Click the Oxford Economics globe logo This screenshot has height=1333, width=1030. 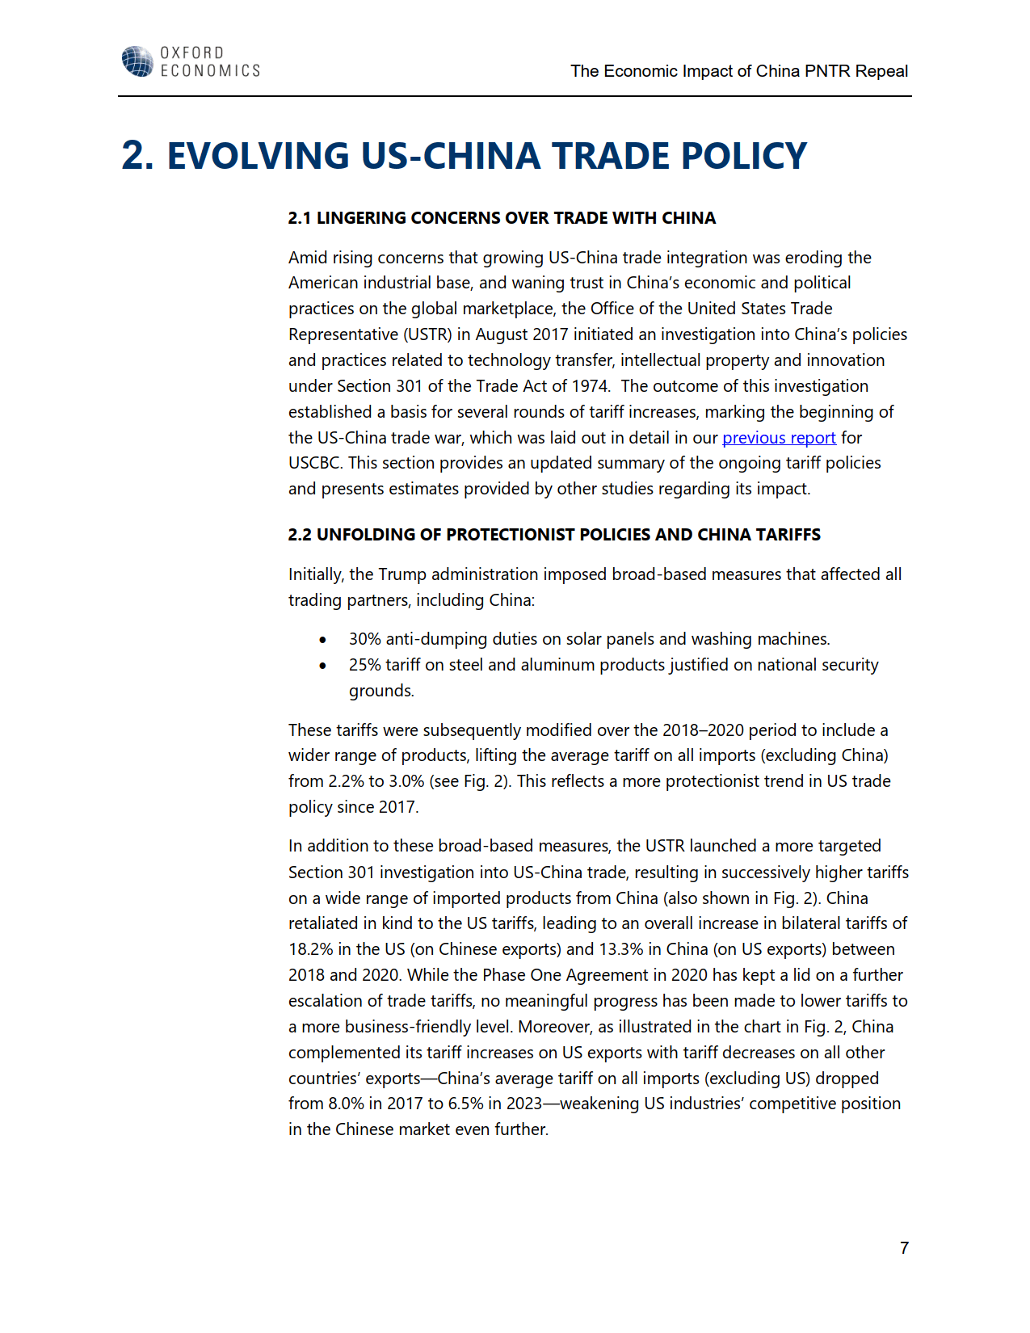137,61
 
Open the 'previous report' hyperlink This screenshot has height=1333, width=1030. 779,438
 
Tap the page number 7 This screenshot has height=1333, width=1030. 904,1248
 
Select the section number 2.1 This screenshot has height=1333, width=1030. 300,218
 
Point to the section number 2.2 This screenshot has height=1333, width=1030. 300,535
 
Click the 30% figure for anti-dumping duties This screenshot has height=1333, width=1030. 364,639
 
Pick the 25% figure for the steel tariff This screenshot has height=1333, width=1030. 364,665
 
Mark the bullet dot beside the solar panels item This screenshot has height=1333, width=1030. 323,640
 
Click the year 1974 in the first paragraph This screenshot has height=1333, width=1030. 590,386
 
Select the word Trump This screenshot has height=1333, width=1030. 402,574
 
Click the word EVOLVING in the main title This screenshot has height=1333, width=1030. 258,156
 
